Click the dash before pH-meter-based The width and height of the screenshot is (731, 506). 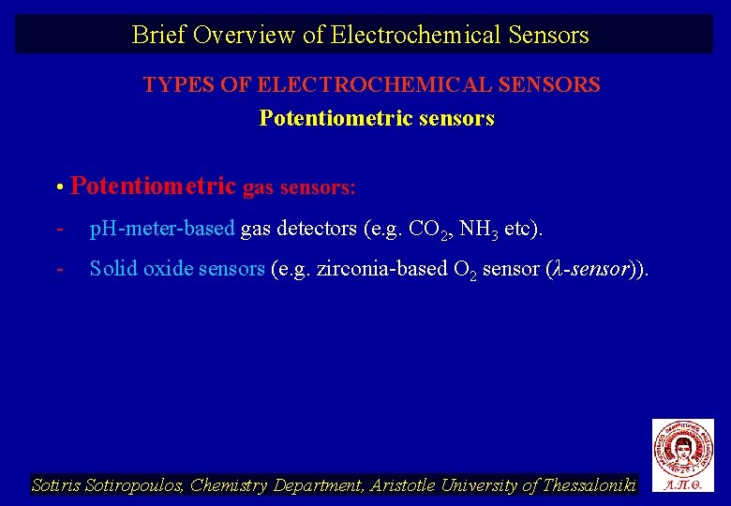(x=59, y=229)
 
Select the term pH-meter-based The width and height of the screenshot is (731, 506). (x=161, y=229)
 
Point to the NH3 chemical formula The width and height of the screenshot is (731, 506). (x=476, y=230)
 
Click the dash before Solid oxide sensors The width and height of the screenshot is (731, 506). (x=59, y=269)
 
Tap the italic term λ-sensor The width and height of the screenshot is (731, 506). (x=589, y=269)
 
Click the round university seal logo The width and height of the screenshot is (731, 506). (x=683, y=447)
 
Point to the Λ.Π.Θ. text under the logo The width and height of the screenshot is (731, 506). (x=683, y=485)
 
